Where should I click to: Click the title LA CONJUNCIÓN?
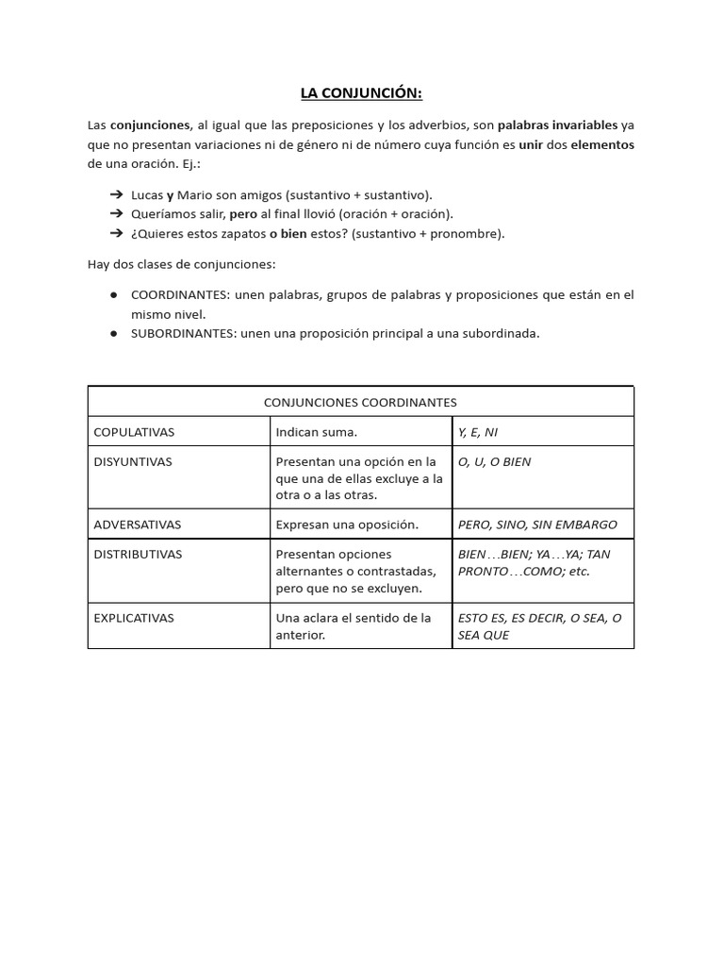(x=361, y=92)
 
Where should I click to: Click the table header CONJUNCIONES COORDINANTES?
(x=360, y=402)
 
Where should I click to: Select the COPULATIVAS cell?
(x=134, y=432)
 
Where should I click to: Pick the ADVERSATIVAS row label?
(x=138, y=525)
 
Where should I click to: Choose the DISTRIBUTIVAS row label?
(x=138, y=555)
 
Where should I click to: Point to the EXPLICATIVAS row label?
(x=136, y=618)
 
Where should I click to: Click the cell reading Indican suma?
(x=317, y=432)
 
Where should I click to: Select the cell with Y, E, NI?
(x=478, y=432)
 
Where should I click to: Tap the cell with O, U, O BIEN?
(x=495, y=462)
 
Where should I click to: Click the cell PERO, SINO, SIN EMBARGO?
(x=537, y=525)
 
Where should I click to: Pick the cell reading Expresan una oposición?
(x=347, y=525)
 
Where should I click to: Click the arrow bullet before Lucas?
(x=116, y=195)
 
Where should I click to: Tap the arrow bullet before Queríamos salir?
(x=116, y=214)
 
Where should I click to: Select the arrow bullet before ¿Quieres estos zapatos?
(x=116, y=234)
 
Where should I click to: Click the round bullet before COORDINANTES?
(x=113, y=295)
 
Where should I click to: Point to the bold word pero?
(x=243, y=214)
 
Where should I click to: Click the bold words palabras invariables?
(x=557, y=125)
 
